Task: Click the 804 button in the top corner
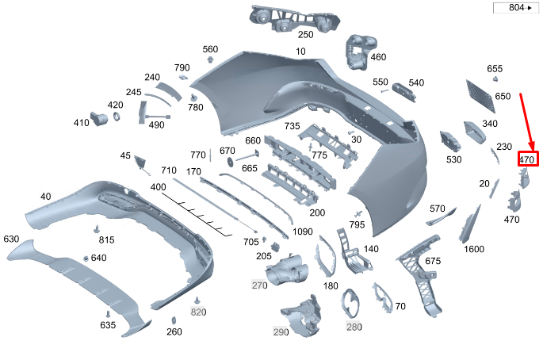tap(514, 8)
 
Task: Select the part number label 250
tap(305, 35)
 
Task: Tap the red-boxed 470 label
tap(527, 159)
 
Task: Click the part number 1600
tap(474, 250)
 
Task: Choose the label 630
tap(11, 239)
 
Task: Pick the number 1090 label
tap(302, 232)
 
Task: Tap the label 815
tap(106, 239)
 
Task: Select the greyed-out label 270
tap(260, 285)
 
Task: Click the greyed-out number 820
tap(198, 312)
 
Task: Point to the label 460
tap(378, 57)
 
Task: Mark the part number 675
tap(433, 262)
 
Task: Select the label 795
tap(357, 225)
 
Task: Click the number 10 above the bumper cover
tap(300, 52)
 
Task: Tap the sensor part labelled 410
tap(100, 119)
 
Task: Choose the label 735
tap(293, 127)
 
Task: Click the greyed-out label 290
tap(281, 331)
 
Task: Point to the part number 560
tap(210, 49)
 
